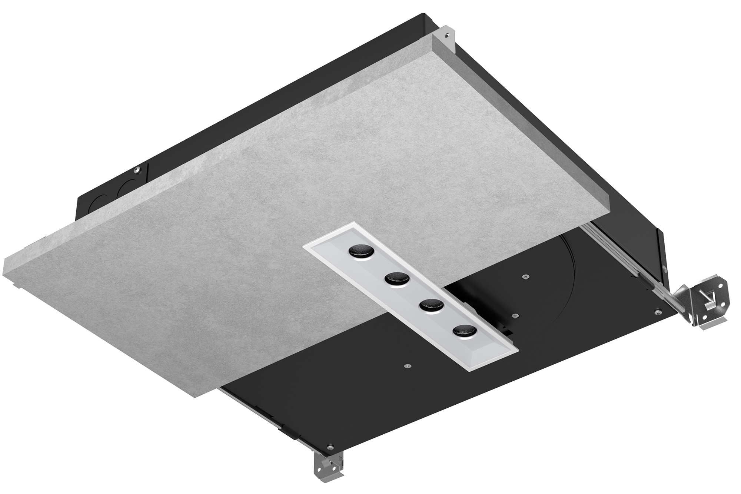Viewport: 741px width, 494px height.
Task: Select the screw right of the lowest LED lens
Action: coord(514,315)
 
